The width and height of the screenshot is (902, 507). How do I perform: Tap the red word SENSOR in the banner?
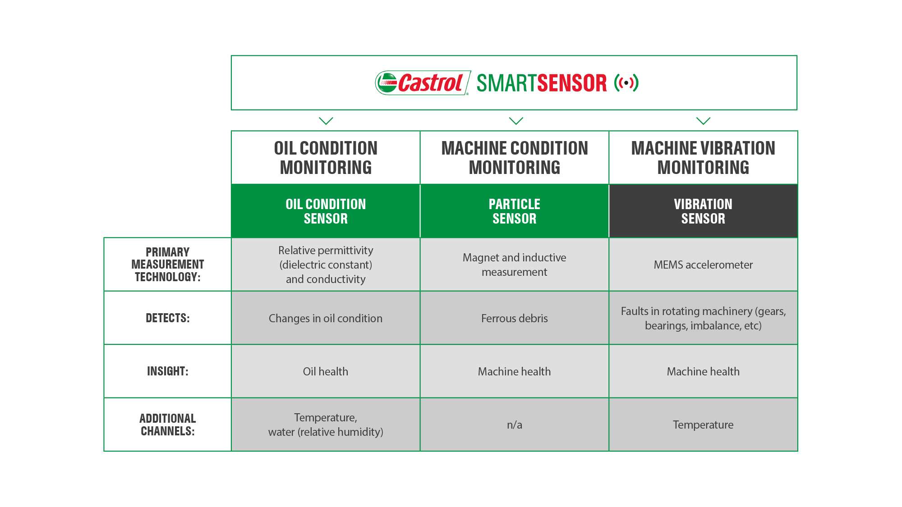click(572, 83)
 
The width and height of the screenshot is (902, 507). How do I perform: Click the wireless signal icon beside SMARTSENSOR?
click(626, 83)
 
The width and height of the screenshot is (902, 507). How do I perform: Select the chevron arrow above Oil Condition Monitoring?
click(326, 121)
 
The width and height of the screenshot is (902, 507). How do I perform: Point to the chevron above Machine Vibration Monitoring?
click(703, 121)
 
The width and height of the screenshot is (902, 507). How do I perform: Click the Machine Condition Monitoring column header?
click(515, 158)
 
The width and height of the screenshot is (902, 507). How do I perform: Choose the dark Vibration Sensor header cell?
click(703, 211)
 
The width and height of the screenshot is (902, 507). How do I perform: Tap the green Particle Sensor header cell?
click(515, 211)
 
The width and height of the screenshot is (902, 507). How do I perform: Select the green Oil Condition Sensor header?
click(326, 211)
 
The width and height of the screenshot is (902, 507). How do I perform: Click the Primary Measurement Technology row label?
click(167, 265)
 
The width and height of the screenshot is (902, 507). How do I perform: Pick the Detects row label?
click(167, 318)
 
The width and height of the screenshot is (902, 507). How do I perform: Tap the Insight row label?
click(167, 371)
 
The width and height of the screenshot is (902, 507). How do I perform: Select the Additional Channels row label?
click(167, 425)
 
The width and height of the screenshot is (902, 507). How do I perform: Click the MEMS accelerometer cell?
click(703, 265)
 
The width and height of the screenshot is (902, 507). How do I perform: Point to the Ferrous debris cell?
click(515, 318)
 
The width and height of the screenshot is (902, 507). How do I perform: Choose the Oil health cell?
click(326, 371)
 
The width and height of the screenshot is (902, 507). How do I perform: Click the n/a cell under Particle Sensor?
click(515, 425)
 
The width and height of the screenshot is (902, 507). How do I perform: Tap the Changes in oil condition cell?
click(326, 318)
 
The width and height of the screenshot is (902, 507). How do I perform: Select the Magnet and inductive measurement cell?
click(515, 265)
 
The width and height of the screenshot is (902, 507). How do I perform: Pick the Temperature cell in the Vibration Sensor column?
click(703, 425)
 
